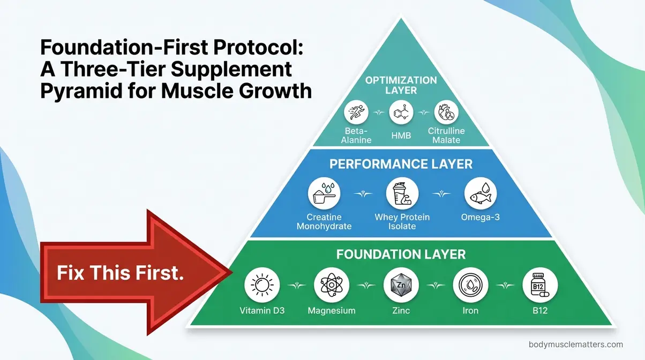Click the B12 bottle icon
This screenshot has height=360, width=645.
(541, 284)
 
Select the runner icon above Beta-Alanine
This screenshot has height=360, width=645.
(357, 114)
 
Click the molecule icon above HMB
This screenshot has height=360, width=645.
(401, 114)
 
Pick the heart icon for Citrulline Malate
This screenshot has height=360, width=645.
(446, 114)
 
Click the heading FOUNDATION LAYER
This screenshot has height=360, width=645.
(401, 254)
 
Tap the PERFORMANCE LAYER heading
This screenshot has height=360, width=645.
(401, 163)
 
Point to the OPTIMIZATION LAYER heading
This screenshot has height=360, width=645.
(401, 85)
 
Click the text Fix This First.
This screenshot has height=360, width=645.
(121, 273)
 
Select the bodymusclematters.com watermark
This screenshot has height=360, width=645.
(575, 344)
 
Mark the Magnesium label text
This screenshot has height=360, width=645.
(331, 311)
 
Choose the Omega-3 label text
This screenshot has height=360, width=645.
(480, 217)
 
